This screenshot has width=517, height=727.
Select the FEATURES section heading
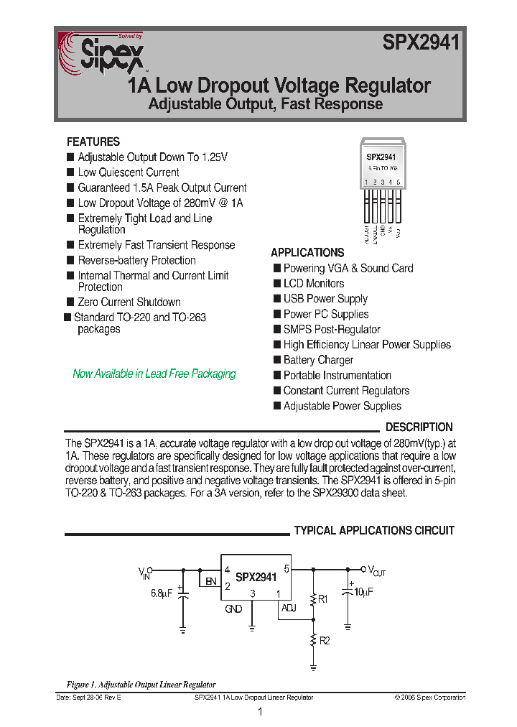coord(93,142)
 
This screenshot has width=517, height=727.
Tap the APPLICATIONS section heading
coord(307,253)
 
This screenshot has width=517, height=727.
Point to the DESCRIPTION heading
coord(419,427)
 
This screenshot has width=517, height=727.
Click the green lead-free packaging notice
coord(154,374)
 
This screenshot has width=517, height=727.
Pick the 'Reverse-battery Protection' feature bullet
coord(136,261)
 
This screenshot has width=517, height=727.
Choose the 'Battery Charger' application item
coord(318,360)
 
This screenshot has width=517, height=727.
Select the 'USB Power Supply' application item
coord(325,299)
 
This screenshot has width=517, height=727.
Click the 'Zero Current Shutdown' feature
coord(129,302)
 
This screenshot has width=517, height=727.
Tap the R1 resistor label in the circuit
coord(323,598)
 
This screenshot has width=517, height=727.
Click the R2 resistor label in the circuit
coord(325,640)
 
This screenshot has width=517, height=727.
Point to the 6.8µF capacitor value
coord(162,593)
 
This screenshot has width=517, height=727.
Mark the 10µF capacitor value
coord(363,592)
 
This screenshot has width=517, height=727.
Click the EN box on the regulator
coord(210,581)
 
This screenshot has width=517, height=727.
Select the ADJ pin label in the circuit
coord(289,608)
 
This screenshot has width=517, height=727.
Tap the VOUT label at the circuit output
coord(377,572)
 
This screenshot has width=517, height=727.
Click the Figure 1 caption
coord(141,685)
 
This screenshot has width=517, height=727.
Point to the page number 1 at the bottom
coord(260,712)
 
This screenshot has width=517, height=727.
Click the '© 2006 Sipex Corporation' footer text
coord(429,698)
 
